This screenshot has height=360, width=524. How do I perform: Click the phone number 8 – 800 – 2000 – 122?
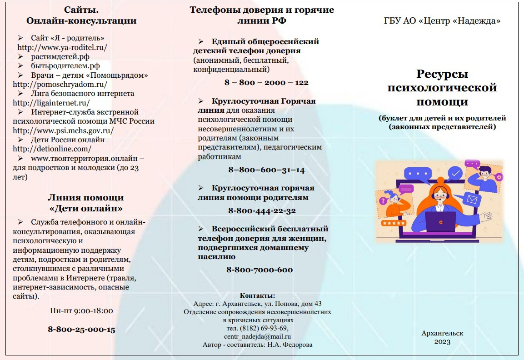[x=266, y=83]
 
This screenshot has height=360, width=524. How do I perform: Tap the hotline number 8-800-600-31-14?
[x=266, y=170]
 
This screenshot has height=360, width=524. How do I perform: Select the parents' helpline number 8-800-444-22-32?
[x=262, y=211]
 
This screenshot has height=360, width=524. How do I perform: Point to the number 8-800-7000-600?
[x=260, y=270]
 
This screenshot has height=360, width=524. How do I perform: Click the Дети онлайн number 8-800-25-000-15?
[x=81, y=330]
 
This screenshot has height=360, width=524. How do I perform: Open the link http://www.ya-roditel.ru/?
[x=62, y=47]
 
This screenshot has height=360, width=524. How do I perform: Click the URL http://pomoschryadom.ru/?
[x=60, y=85]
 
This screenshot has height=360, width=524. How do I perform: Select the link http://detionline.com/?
[x=52, y=149]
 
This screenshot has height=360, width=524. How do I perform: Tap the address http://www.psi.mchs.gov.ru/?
[x=63, y=131]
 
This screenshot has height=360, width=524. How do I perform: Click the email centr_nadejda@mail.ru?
[x=257, y=337]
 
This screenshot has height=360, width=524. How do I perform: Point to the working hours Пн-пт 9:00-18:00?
[x=81, y=311]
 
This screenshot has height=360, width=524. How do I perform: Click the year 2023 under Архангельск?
[x=442, y=342]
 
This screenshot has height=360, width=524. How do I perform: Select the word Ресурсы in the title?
[x=442, y=74]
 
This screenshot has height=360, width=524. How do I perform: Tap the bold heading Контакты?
[x=257, y=295]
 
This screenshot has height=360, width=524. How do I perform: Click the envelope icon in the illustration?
[x=472, y=200]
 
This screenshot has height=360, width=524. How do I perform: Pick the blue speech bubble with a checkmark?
[x=455, y=174]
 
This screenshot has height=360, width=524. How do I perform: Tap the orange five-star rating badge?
[x=394, y=223]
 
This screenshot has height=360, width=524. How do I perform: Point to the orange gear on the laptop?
[x=441, y=222]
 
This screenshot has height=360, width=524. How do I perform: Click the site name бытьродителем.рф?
[x=65, y=66]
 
